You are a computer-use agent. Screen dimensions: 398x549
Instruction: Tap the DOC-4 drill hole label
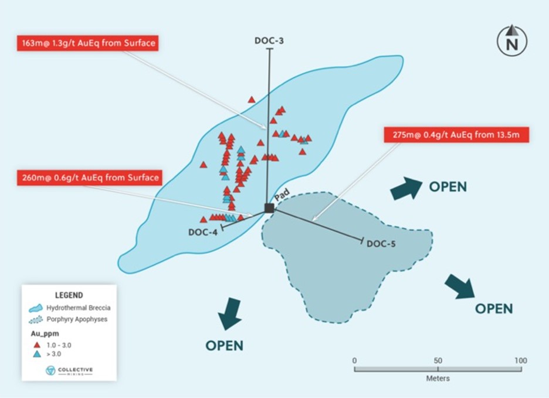pos(202,232)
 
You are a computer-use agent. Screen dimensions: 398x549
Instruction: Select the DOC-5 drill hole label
pos(381,244)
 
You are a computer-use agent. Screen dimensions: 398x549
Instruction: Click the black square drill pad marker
pos(269,208)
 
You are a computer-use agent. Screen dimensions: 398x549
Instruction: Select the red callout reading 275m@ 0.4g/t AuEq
pos(456,135)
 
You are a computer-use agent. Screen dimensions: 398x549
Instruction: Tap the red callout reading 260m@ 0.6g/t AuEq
pos(89,178)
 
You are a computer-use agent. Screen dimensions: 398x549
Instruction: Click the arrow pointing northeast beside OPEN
pos(406,188)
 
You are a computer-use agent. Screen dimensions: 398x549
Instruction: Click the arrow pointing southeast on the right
pos(460,286)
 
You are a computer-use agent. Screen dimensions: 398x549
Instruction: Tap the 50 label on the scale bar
pos(438,360)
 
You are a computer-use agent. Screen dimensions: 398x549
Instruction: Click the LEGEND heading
pos(69,295)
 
